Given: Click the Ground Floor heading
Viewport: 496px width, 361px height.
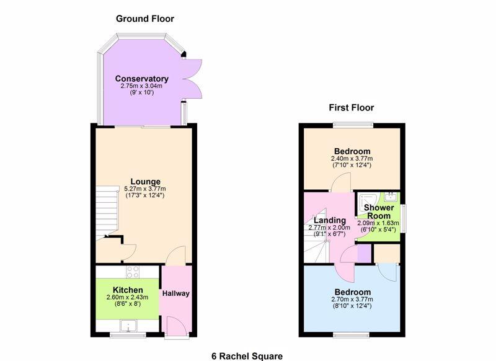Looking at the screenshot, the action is tap(145, 19).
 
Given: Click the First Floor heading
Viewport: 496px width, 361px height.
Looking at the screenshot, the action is tap(351, 107).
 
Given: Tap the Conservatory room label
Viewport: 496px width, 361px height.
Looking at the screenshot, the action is tap(142, 78).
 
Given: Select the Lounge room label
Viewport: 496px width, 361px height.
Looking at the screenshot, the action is tap(145, 182).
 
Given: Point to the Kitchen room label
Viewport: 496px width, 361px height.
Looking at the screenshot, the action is tap(128, 290).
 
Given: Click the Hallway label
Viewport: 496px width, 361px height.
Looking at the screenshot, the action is tap(176, 293).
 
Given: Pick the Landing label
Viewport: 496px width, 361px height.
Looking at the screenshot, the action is tap(330, 220).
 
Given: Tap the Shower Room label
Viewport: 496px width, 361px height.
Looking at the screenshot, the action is tap(379, 212).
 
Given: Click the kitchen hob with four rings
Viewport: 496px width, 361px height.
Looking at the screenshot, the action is tap(133, 272).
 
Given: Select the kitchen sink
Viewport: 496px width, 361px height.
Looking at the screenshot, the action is tap(128, 326).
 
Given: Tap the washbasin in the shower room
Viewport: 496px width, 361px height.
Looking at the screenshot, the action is tap(391, 197).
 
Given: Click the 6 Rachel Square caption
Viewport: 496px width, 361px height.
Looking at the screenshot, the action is tap(247, 356).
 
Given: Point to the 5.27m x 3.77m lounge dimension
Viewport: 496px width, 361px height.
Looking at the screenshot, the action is tap(145, 189).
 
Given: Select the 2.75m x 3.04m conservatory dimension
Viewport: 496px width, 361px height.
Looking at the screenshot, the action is tap(141, 86).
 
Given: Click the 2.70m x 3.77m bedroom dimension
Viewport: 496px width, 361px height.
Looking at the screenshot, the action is tap(352, 300).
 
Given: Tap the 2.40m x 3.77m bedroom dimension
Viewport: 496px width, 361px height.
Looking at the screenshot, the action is tap(352, 159).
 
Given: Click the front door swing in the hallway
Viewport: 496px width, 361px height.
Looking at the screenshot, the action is tap(177, 327).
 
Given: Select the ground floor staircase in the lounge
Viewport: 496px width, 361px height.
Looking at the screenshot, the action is tap(107, 212).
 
